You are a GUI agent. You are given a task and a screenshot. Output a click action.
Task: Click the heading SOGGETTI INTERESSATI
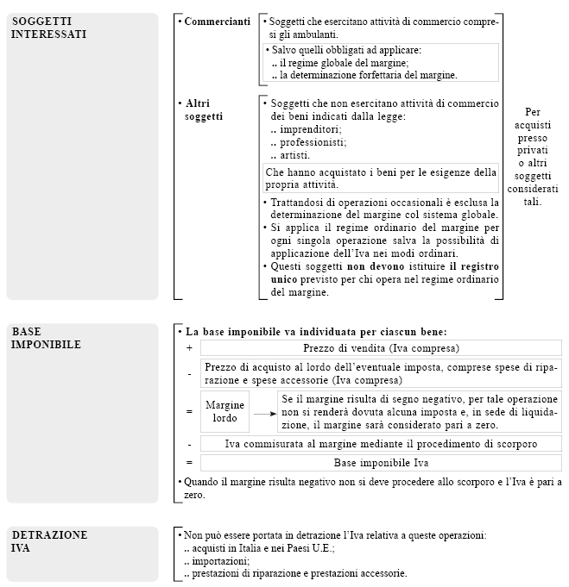coord(49,28)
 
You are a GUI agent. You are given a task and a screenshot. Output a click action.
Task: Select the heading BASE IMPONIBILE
coord(47,338)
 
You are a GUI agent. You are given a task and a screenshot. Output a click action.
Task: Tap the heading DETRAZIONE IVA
coord(49,540)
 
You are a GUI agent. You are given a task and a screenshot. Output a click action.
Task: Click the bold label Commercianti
coord(218,21)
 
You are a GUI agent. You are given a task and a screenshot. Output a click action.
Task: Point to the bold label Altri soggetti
coord(205,109)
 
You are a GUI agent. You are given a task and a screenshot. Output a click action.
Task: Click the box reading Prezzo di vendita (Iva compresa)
coord(381,348)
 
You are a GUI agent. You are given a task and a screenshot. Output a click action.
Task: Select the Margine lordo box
coord(225,412)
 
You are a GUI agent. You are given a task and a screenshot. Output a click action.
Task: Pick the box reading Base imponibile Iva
coord(381,463)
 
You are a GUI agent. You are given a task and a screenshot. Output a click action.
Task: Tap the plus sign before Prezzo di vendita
coord(189,348)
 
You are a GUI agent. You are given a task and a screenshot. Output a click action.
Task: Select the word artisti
coord(294,155)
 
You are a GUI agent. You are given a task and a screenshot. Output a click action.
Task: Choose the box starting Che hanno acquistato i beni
coord(380,178)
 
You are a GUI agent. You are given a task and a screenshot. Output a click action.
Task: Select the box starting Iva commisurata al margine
coord(381,444)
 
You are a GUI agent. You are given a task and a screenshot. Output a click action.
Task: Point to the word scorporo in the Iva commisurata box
coord(512,444)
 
